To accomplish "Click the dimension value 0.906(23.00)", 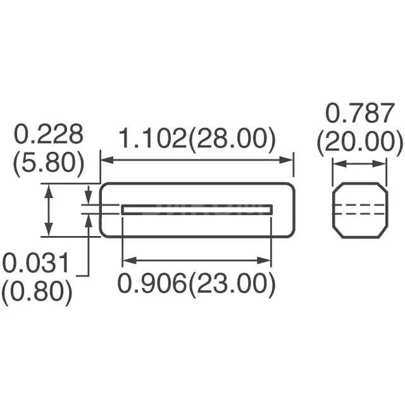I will click(x=197, y=284).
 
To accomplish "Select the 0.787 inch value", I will click(x=359, y=114).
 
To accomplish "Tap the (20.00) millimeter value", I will click(x=360, y=142).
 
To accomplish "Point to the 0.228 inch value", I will click(x=49, y=135).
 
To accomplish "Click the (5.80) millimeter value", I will click(x=49, y=163).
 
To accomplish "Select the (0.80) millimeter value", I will click(x=37, y=292).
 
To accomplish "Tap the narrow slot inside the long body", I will click(x=197, y=209).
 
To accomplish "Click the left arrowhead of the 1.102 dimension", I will click(x=105, y=160).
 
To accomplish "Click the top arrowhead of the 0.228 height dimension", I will click(x=49, y=188).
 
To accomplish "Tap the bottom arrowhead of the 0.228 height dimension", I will click(x=49, y=232).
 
